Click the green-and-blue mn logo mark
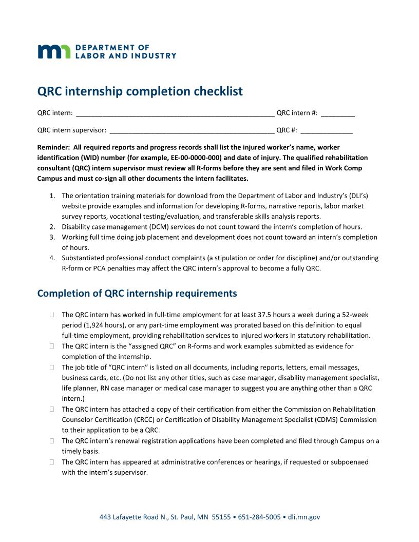(54, 51)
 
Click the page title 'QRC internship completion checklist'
(140, 91)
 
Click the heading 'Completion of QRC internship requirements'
(137, 294)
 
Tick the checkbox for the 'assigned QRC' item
(52, 346)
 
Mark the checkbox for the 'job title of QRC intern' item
(52, 367)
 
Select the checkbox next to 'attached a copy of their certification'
(52, 410)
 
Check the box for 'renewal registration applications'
(52, 441)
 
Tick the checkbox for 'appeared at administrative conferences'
(52, 462)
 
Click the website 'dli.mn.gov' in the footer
(304, 517)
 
